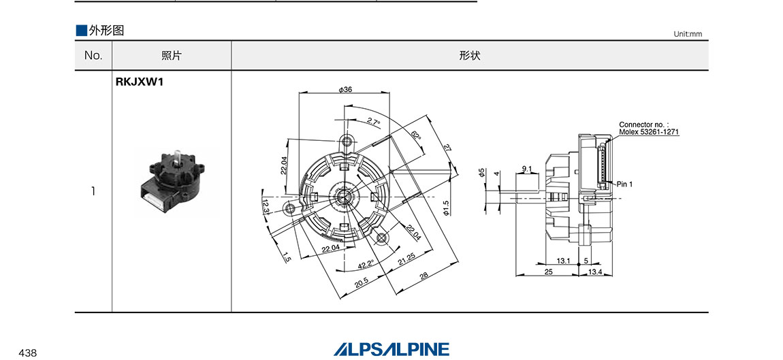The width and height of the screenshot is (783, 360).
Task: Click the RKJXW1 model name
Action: pyautogui.click(x=140, y=83)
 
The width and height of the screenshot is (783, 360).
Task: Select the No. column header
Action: pyautogui.click(x=93, y=56)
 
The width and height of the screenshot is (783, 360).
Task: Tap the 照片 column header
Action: pyautogui.click(x=172, y=56)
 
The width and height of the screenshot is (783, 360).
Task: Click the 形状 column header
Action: pyautogui.click(x=470, y=56)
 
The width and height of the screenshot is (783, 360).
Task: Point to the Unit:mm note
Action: pyautogui.click(x=687, y=34)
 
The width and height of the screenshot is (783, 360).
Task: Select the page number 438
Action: pyautogui.click(x=28, y=353)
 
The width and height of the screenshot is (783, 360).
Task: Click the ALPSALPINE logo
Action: pyautogui.click(x=391, y=349)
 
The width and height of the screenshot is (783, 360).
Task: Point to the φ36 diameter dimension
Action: pyautogui.click(x=345, y=90)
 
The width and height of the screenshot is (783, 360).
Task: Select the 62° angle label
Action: pyautogui.click(x=416, y=136)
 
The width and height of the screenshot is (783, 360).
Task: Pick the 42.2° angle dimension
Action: pyautogui.click(x=366, y=265)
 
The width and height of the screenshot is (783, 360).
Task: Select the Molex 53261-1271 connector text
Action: pyautogui.click(x=649, y=132)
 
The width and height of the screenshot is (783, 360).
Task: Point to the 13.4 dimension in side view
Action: pyautogui.click(x=594, y=272)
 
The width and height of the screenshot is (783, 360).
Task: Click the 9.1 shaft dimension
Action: pyautogui.click(x=527, y=168)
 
